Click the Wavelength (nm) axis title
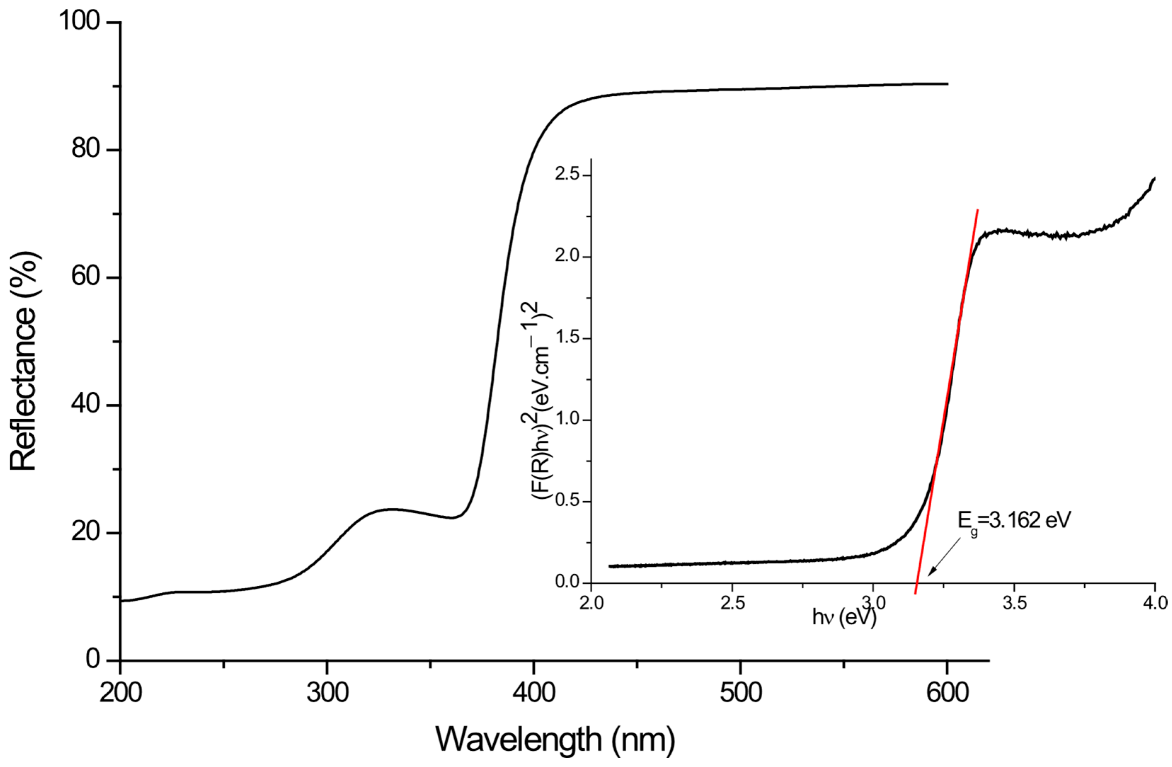(x=555, y=739)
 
